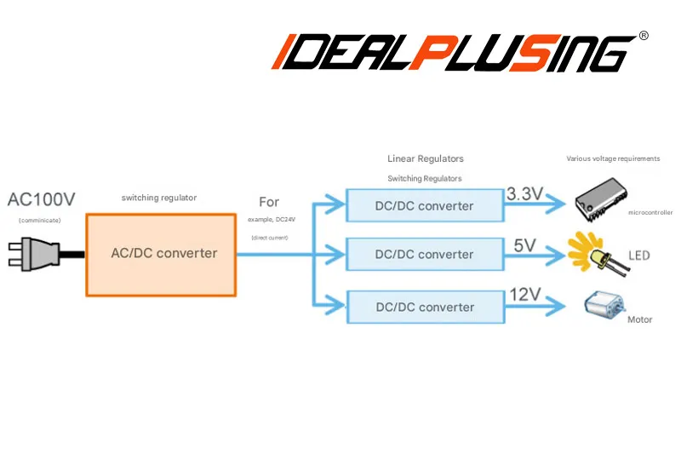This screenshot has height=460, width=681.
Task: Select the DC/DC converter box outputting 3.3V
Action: pos(424,206)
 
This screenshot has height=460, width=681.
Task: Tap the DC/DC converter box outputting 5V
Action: pos(424,255)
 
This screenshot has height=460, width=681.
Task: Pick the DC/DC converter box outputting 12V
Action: pos(424,307)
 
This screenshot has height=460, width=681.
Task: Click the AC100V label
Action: pos(42,200)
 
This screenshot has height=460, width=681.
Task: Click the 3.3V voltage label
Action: pos(524,194)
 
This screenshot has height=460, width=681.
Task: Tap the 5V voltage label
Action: pos(524,246)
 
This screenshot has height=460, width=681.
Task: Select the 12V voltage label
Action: pos(525,295)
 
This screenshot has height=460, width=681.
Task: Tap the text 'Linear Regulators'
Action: pos(426,158)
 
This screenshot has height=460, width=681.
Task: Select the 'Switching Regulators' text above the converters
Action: pos(425,179)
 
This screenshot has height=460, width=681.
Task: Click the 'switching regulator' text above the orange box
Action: pos(159,198)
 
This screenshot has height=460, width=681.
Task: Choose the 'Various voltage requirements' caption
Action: pos(613,158)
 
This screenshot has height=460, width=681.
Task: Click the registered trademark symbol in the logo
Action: pos(644,36)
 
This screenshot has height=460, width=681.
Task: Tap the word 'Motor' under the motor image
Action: pos(639,320)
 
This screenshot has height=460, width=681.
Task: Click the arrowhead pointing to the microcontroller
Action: pos(557,205)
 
